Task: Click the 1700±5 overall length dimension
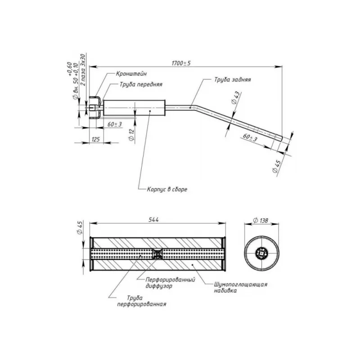coord(181,63)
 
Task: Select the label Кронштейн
coord(130,73)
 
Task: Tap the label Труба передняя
coord(141,84)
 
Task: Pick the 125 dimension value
coord(95,139)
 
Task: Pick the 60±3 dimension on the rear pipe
coord(250,137)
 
